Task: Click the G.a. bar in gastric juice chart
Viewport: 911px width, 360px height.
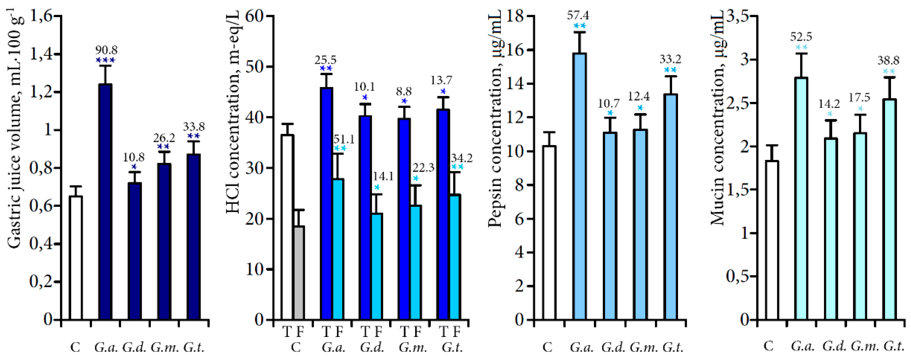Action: [x=105, y=202]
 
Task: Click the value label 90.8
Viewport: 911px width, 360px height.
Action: [x=106, y=50]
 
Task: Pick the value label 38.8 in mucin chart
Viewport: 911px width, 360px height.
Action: [x=888, y=61]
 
